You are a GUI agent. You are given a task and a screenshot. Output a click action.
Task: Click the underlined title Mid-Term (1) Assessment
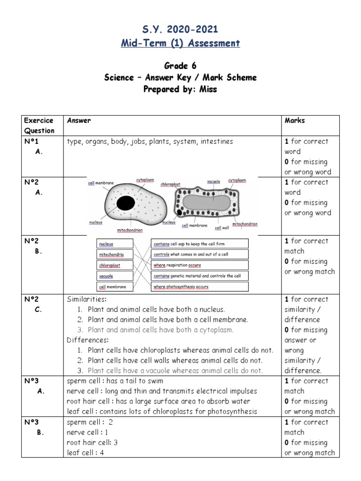[180, 43]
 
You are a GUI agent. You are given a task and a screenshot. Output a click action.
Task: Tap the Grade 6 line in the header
[180, 67]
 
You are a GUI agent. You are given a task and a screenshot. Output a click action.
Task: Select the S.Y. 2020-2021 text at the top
[180, 30]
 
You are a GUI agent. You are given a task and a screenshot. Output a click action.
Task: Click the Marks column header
[294, 120]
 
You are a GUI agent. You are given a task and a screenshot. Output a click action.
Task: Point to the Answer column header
[79, 120]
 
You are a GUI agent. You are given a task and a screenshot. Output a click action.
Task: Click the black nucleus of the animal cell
[125, 203]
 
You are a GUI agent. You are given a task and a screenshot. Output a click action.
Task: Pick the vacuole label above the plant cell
[213, 181]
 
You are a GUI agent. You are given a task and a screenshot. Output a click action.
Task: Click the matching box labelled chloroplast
[111, 265]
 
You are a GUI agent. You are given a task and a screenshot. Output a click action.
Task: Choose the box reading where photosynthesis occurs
[200, 287]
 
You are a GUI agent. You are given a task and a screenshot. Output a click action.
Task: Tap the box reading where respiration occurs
[200, 265]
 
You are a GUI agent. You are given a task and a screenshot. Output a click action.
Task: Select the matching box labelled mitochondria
[111, 255]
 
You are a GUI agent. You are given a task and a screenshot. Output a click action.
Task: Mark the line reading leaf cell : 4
[86, 453]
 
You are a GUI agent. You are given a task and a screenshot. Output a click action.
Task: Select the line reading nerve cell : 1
[88, 432]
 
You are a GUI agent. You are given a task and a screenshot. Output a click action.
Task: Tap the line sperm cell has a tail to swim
[115, 381]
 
